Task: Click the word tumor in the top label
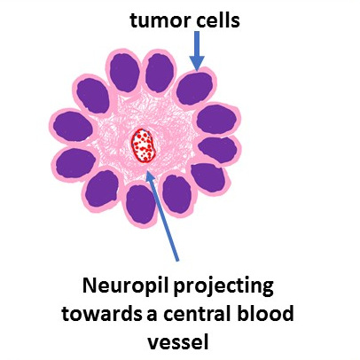pos(159,20)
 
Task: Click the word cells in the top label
pos(216,20)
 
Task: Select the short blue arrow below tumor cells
pos(197,51)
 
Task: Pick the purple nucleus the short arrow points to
pos(194,89)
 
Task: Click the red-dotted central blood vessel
pos(144,145)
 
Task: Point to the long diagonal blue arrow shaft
pos(163,216)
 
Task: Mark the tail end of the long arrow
pos(177,261)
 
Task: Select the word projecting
pos(223,287)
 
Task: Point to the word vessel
pos(178,341)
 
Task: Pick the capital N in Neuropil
pos(90,286)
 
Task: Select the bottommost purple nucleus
pos(141,205)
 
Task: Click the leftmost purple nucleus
pos(73,127)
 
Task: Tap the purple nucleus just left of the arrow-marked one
pos(160,74)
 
